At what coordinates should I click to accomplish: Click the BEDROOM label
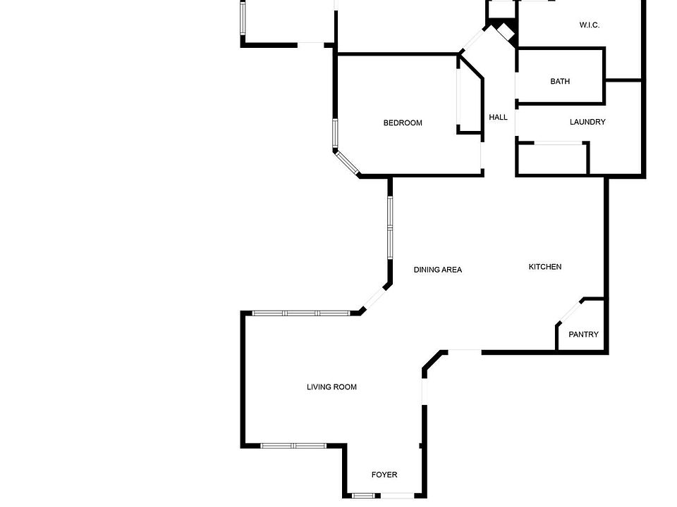coord(403,123)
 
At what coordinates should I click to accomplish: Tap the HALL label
coord(498,118)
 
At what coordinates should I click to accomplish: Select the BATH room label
coord(560,82)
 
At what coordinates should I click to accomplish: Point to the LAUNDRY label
coord(587,123)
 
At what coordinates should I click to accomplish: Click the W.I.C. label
coord(589,25)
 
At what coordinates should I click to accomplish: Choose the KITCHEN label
coord(545,267)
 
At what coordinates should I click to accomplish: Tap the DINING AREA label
coord(437,270)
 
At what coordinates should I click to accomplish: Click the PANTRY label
coord(583,334)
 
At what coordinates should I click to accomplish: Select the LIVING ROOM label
coord(331,387)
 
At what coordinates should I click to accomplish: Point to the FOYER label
coord(384,475)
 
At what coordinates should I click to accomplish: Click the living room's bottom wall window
coord(293,446)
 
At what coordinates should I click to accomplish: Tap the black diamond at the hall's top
coord(506,31)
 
